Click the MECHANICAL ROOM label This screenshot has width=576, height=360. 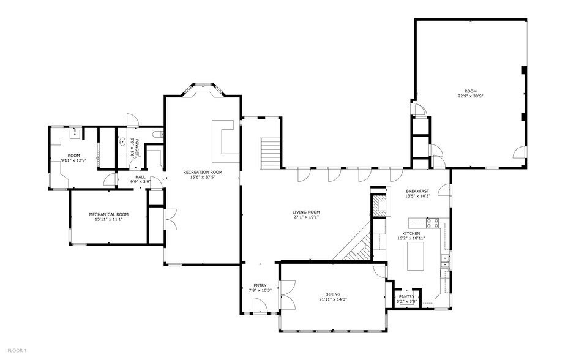[x=109, y=214]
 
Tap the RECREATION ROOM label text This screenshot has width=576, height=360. [x=203, y=173]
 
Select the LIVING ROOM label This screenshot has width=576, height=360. [x=306, y=212]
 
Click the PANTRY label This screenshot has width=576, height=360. [x=406, y=296]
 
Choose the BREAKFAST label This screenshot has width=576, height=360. [x=417, y=191]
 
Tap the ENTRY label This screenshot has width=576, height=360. [x=260, y=285]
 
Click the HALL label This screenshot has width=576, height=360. [x=140, y=177]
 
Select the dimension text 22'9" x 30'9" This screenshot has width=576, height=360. [x=470, y=96]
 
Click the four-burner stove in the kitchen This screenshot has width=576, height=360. [x=433, y=222]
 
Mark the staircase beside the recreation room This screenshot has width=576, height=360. [x=271, y=153]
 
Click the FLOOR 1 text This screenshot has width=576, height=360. [x=16, y=350]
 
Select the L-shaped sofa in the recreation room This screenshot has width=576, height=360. [x=223, y=138]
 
